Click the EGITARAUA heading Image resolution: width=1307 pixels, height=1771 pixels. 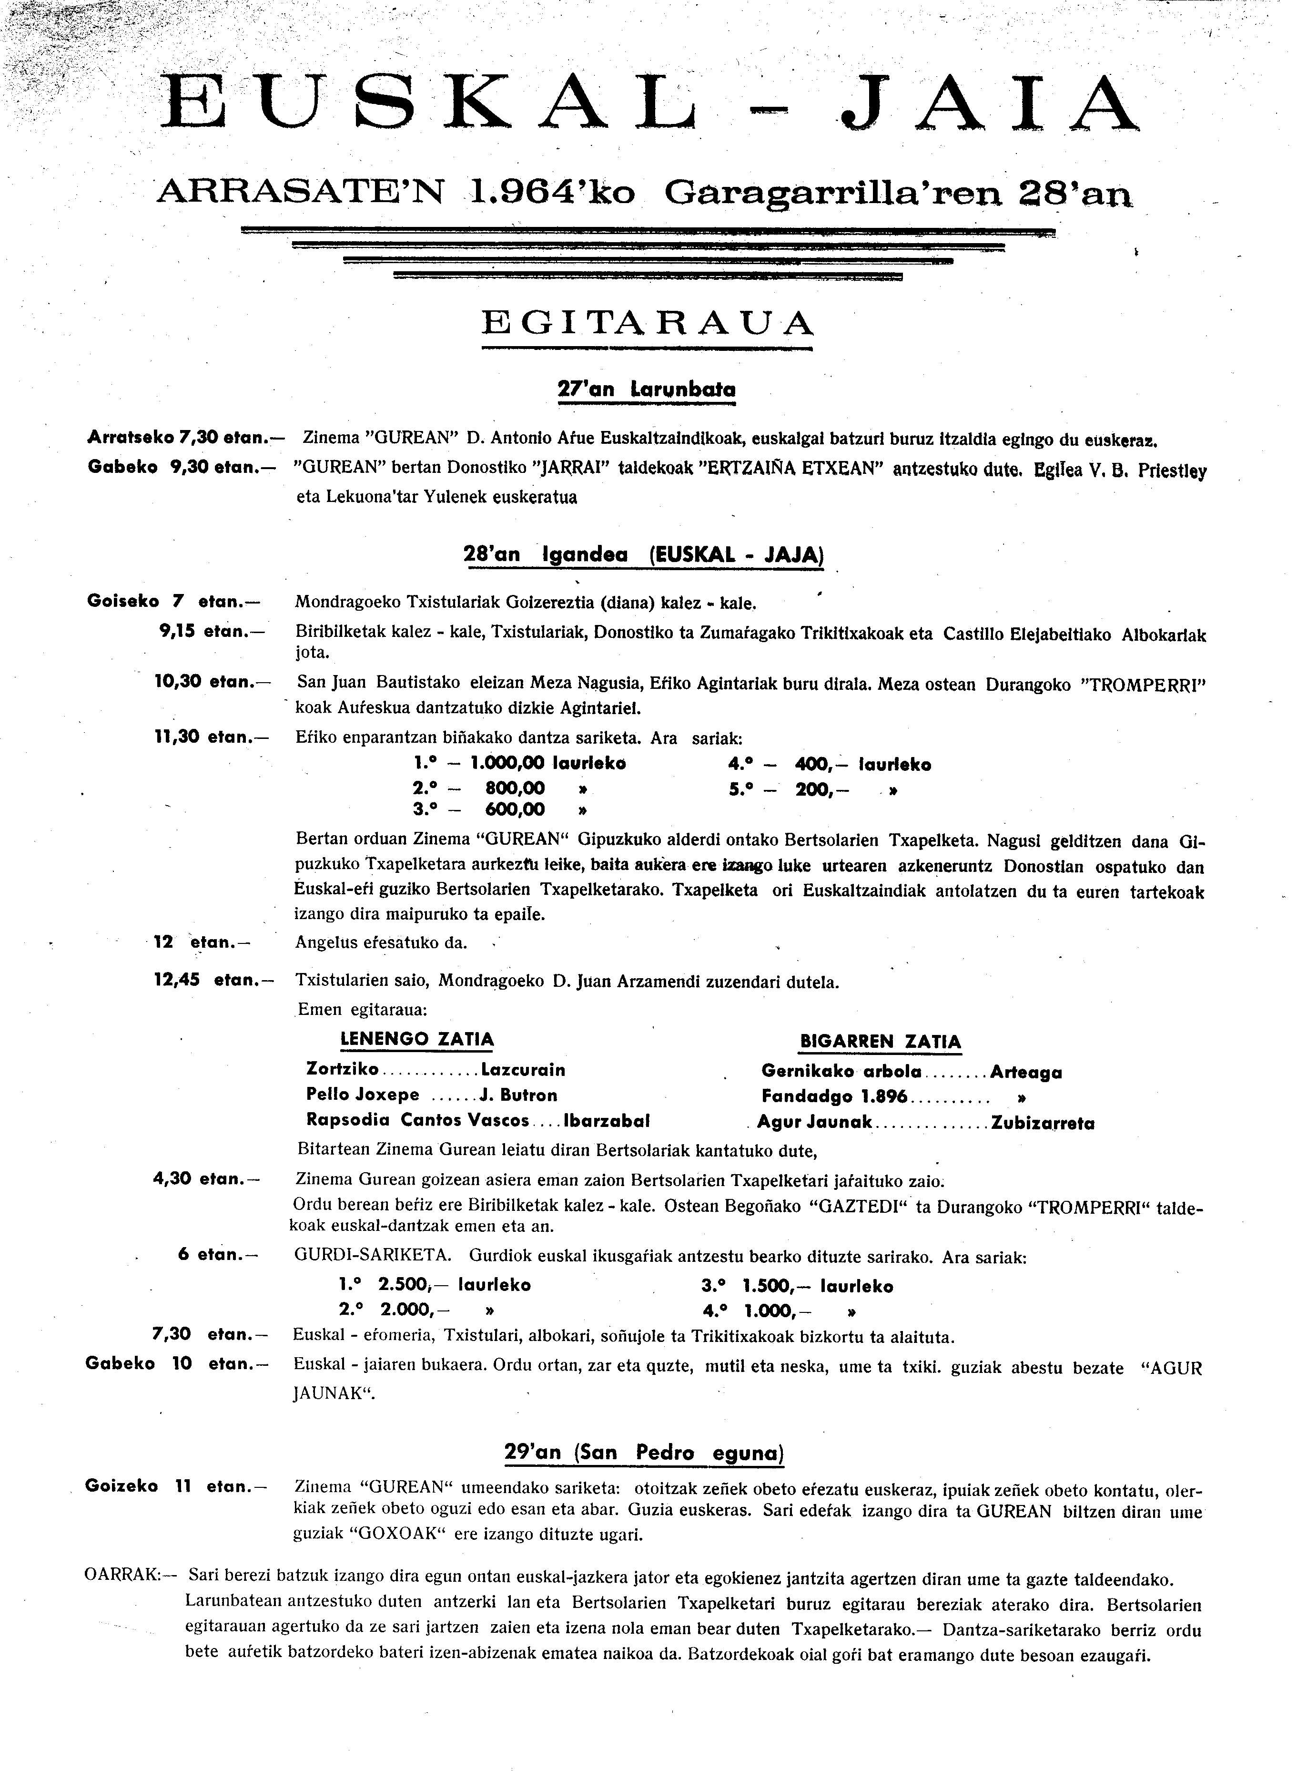pyautogui.click(x=647, y=322)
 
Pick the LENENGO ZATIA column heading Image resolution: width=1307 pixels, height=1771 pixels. pyautogui.click(x=416, y=1039)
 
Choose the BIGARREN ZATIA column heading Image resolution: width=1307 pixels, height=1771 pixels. pyautogui.click(x=880, y=1042)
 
